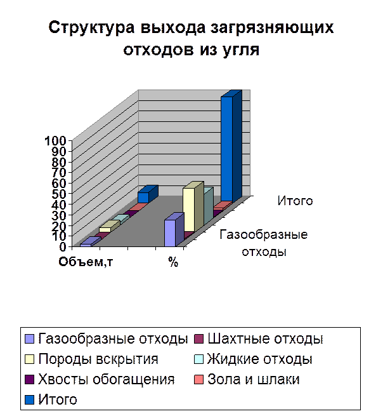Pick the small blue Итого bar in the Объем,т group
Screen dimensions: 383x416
click(x=148, y=196)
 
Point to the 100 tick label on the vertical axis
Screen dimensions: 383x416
click(x=55, y=140)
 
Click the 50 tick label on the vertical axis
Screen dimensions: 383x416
click(x=58, y=194)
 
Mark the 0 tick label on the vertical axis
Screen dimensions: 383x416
click(x=63, y=246)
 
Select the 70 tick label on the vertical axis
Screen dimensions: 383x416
click(x=58, y=173)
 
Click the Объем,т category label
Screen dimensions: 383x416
click(x=86, y=262)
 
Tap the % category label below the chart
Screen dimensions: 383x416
click(x=173, y=262)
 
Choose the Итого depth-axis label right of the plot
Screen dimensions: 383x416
click(x=295, y=201)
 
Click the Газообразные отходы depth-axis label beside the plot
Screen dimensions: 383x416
click(x=264, y=243)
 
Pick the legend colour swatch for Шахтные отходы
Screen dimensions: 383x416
click(x=198, y=339)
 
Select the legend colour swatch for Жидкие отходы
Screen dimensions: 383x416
click(x=198, y=359)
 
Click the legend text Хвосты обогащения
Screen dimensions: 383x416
click(x=107, y=379)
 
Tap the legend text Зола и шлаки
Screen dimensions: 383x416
click(x=254, y=379)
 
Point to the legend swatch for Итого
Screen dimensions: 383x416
click(x=29, y=399)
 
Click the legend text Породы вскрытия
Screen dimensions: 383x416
click(x=98, y=359)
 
